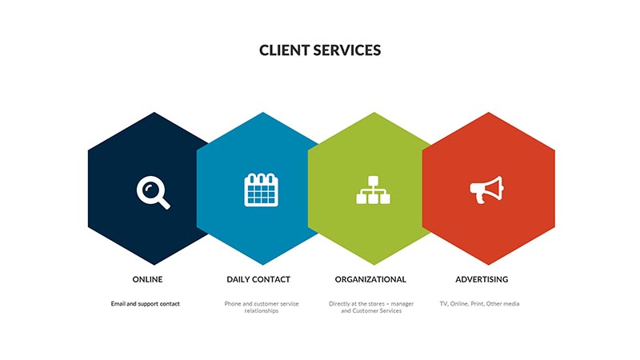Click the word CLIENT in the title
[x=285, y=50]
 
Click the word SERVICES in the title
[x=347, y=50]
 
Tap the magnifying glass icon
[x=154, y=192]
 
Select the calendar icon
[x=262, y=190]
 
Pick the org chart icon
[x=373, y=190]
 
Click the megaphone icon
[x=487, y=190]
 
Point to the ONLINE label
[x=147, y=279]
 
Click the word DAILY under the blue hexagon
[x=238, y=279]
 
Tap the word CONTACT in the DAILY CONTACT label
[x=271, y=279]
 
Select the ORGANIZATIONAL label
[x=370, y=279]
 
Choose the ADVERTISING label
[x=482, y=279]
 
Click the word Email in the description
[x=118, y=304]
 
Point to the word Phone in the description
[x=233, y=304]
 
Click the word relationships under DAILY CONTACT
[x=262, y=310]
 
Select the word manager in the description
[x=402, y=304]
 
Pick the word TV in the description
[x=443, y=304]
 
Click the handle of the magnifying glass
[x=164, y=203]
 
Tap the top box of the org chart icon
[x=373, y=181]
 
